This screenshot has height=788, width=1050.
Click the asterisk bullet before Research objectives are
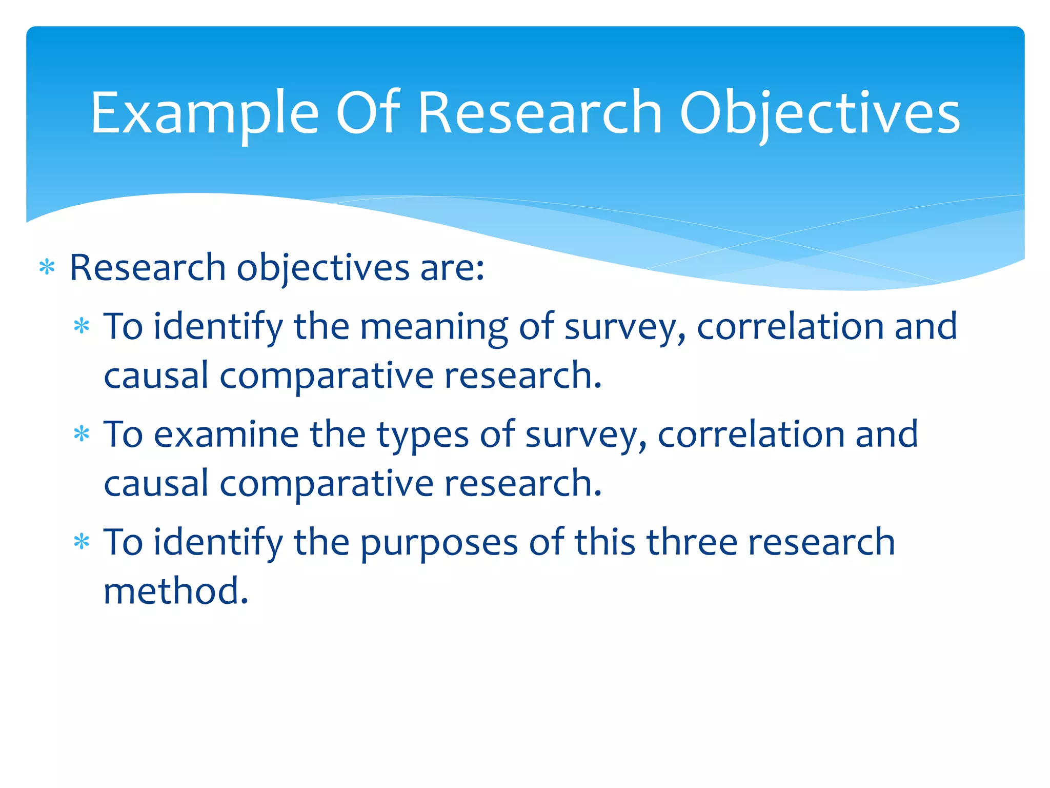tap(47, 268)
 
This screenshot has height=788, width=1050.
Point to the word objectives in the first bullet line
tap(322, 268)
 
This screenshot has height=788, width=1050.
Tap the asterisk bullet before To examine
tap(82, 435)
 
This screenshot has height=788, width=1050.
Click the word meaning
tap(434, 327)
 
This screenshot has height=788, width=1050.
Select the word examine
tap(226, 435)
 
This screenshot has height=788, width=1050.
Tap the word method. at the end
tap(176, 591)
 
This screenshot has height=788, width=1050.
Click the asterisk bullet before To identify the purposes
tap(82, 543)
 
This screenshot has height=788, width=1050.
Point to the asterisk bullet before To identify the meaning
tap(82, 327)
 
